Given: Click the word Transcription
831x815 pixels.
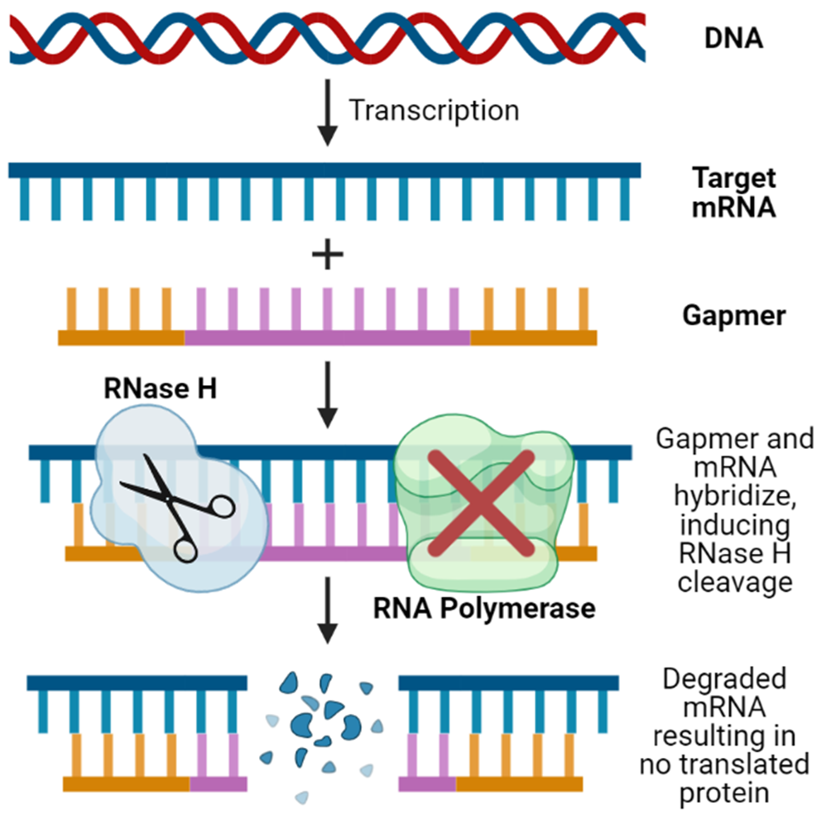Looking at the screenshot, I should [434, 109].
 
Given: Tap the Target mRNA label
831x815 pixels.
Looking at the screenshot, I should [734, 191].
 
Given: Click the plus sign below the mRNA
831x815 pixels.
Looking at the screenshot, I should [328, 257].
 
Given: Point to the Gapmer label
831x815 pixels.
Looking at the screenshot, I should [734, 316].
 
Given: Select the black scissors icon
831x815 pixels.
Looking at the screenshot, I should [176, 507].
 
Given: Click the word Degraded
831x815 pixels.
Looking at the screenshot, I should [724, 679].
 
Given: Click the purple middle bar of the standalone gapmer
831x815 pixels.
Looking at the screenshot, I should [327, 337].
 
